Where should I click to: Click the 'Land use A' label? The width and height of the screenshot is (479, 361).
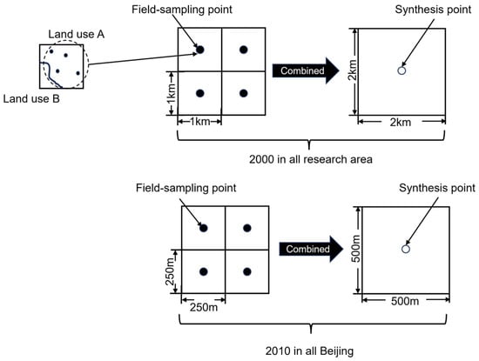pos(77,34)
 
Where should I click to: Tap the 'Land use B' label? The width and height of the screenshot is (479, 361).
pos(31,99)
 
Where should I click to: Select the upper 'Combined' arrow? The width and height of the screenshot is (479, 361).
pos(306,70)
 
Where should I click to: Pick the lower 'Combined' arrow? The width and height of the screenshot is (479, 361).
pos(311,249)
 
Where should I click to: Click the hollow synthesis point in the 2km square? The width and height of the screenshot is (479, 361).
pos(401,70)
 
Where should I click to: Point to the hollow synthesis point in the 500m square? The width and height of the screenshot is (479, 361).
pos(406,249)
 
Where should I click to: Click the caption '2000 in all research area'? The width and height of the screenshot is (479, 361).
pos(311,159)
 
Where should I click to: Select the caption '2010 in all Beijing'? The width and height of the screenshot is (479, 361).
pos(309,351)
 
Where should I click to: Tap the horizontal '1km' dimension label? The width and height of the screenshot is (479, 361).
pos(199,122)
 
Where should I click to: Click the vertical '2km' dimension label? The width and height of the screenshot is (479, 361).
pos(353,70)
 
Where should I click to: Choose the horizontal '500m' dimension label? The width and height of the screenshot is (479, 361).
pos(405,301)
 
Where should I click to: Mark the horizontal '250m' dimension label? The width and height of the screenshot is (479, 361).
pos(204,307)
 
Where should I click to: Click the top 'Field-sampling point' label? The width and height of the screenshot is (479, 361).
pos(182,10)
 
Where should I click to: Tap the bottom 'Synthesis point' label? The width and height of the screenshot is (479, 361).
pos(437,188)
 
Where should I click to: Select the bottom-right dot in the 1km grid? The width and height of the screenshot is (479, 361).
pos(244,93)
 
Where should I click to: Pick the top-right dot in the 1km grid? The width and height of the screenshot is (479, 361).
pos(244,50)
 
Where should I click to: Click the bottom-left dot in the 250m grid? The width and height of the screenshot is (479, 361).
pos(204,271)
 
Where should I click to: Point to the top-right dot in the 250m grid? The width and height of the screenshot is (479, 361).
pos(247,228)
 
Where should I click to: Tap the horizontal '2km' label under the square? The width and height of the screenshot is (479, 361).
pos(401,123)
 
